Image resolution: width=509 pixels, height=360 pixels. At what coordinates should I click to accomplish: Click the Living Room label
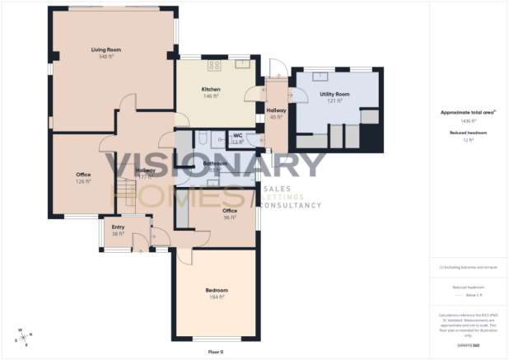pyautogui.click(x=105, y=49)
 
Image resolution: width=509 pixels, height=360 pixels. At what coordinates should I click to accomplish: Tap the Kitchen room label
pyautogui.click(x=211, y=89)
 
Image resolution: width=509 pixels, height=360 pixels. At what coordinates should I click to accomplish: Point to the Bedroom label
pyautogui.click(x=217, y=290)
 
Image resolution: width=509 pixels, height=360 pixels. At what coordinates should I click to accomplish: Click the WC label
pyautogui.click(x=237, y=135)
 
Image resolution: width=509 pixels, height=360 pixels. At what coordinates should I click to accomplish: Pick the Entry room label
pyautogui.click(x=118, y=227)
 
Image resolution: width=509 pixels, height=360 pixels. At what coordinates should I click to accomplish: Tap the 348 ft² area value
pyautogui.click(x=105, y=57)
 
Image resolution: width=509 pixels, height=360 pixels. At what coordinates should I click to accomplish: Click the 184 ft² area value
pyautogui.click(x=217, y=297)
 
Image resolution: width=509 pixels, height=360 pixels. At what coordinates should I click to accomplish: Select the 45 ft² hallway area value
pyautogui.click(x=276, y=117)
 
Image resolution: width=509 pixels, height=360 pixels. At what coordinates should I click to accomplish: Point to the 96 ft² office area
pyautogui.click(x=230, y=217)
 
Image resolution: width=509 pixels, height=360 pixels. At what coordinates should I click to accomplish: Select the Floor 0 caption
pyautogui.click(x=216, y=352)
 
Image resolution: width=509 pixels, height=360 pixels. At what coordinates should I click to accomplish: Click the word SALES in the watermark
pyautogui.click(x=273, y=189)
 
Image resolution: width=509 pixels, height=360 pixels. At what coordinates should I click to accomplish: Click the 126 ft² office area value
pyautogui.click(x=83, y=181)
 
